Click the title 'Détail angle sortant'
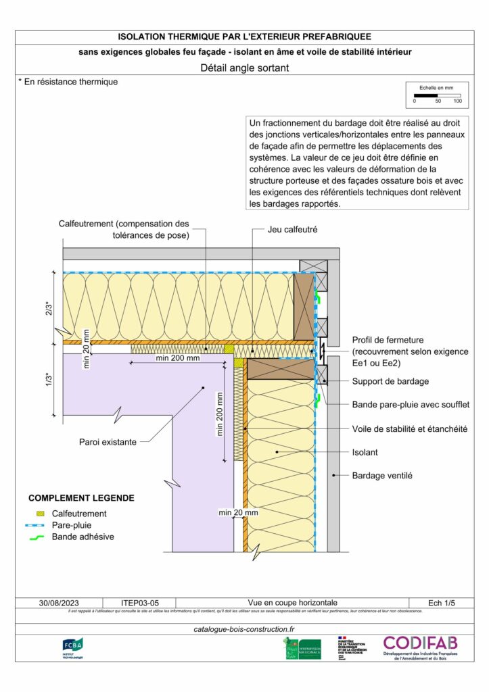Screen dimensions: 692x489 click(245, 68)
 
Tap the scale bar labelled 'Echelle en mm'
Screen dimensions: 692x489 click(437, 95)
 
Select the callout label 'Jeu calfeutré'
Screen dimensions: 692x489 click(292, 230)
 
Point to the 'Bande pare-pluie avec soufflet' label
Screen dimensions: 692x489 click(411, 404)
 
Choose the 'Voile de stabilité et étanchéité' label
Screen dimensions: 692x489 click(410, 428)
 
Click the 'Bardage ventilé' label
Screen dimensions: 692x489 click(382, 475)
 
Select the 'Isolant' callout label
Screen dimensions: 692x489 click(365, 452)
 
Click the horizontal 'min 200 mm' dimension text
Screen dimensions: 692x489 click(178, 358)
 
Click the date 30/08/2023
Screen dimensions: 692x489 click(59, 602)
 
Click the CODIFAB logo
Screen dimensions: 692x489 click(420, 647)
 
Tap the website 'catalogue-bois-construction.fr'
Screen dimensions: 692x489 click(244, 628)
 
